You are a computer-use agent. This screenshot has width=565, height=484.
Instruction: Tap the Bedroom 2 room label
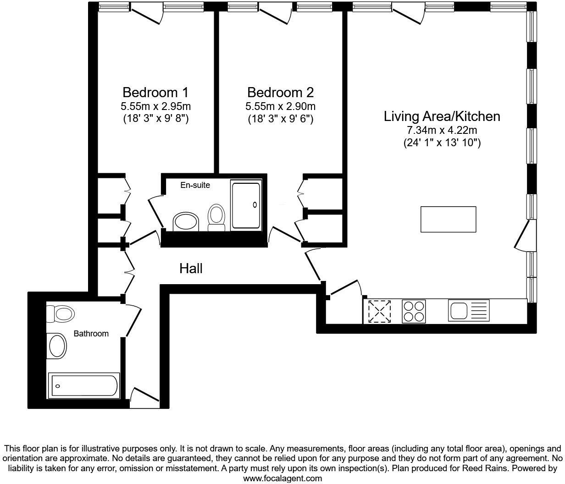(280, 92)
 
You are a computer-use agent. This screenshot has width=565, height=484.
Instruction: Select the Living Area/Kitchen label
(442, 116)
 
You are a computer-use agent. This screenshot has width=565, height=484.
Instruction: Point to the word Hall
(191, 269)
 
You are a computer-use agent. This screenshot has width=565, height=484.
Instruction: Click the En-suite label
(195, 185)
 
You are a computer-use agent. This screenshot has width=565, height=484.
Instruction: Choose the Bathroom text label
(91, 334)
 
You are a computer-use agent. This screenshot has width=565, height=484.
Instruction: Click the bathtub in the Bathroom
(84, 385)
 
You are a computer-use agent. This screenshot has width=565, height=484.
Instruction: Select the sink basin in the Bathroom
(58, 346)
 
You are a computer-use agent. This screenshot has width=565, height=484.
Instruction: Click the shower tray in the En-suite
(246, 205)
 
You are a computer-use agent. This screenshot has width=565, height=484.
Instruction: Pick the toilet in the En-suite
(216, 218)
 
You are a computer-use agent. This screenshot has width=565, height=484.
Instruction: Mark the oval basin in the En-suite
(186, 222)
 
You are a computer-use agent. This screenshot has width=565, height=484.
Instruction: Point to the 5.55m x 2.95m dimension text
(155, 107)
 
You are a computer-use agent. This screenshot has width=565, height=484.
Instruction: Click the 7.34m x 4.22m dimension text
(442, 130)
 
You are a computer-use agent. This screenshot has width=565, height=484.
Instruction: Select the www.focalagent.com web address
(282, 478)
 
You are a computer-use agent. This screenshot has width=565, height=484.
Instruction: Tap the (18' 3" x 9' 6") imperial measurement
(280, 119)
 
